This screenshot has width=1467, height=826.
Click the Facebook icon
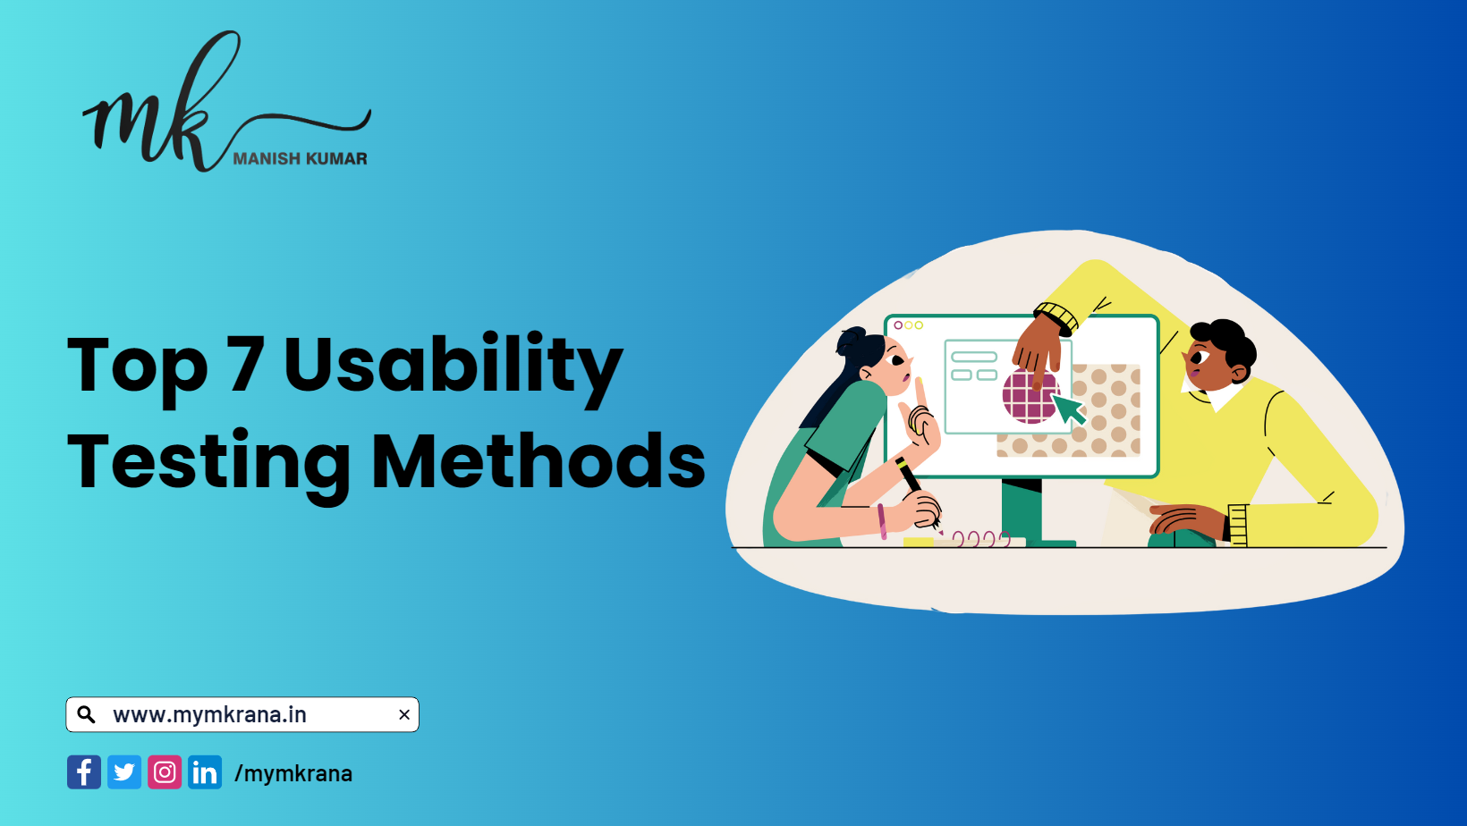(x=84, y=772)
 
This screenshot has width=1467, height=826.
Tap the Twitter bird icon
(x=124, y=772)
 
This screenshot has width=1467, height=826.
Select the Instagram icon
(x=165, y=772)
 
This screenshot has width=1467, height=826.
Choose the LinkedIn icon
(x=205, y=772)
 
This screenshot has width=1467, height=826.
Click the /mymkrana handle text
(x=293, y=773)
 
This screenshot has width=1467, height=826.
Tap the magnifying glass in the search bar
(x=87, y=714)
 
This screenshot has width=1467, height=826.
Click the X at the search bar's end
(x=404, y=714)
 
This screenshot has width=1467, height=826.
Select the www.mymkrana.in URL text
(x=209, y=714)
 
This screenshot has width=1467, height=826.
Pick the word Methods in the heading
(x=538, y=461)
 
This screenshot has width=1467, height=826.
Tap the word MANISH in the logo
(x=267, y=159)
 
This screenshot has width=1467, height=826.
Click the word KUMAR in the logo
(x=336, y=159)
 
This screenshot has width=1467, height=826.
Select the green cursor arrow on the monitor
(x=1069, y=409)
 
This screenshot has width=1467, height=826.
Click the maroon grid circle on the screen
(x=1029, y=397)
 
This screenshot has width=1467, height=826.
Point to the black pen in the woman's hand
(x=910, y=476)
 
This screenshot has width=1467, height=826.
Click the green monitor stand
(x=1022, y=510)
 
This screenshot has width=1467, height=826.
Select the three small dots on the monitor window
(x=908, y=325)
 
